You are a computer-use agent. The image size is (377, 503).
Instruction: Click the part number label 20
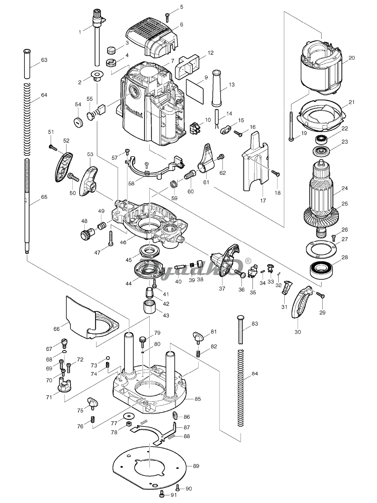coord(352,58)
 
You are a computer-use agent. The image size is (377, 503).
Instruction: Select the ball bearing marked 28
coord(320,270)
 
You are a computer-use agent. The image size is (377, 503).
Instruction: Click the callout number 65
coord(44,197)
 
